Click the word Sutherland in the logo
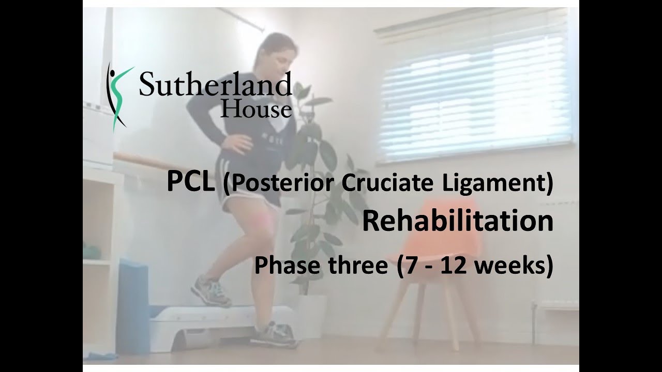pyautogui.click(x=215, y=85)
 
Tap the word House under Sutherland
pyautogui.click(x=255, y=109)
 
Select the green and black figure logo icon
pyautogui.click(x=118, y=95)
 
